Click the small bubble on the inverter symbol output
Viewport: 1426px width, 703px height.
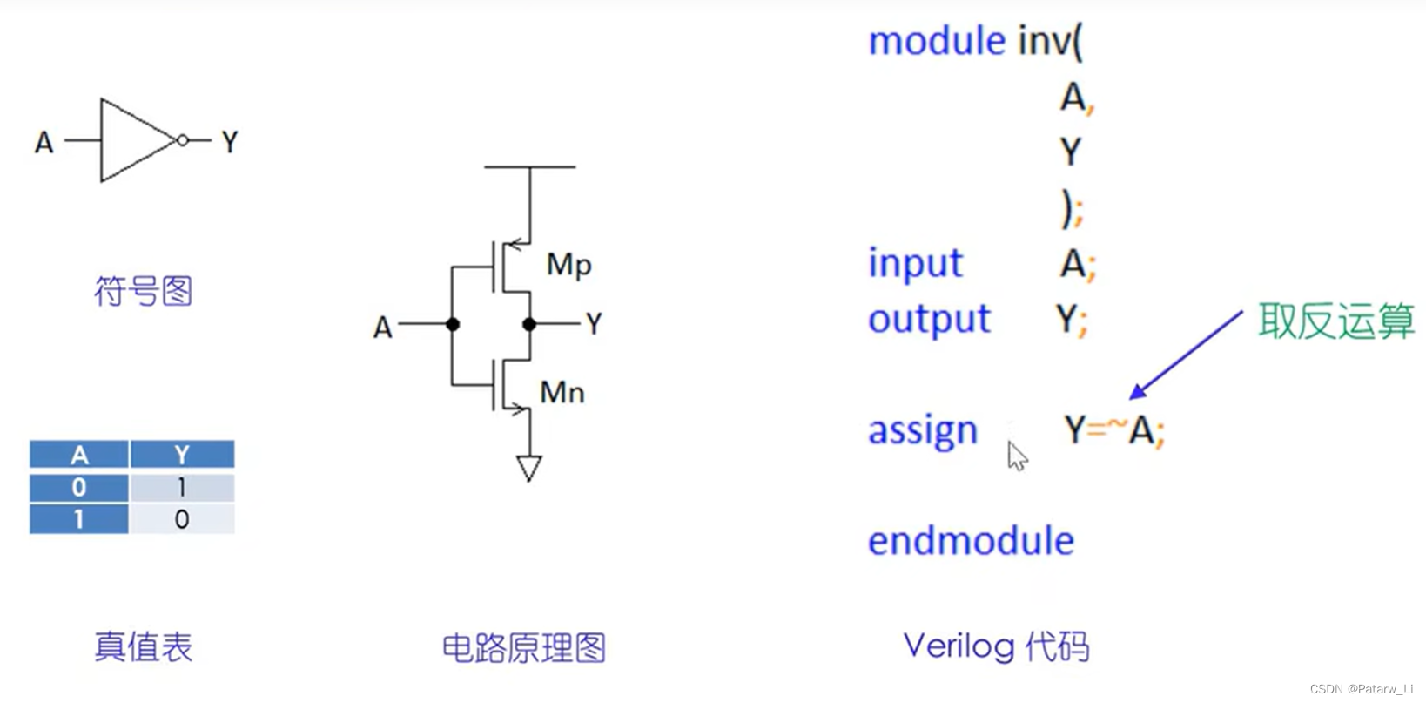point(183,140)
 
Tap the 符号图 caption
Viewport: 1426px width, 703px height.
point(143,291)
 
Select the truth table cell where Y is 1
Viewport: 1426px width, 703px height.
point(181,487)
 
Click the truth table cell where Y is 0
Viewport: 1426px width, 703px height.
point(181,519)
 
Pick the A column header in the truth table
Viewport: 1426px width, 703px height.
point(79,455)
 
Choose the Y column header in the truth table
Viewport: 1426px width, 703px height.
point(181,455)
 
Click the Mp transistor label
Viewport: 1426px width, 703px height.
point(568,265)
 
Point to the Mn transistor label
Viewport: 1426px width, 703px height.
point(562,393)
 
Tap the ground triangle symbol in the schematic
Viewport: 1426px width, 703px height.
point(528,468)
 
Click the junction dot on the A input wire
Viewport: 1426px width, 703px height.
point(453,324)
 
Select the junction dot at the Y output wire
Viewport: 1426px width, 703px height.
point(529,324)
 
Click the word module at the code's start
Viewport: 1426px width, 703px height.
point(937,41)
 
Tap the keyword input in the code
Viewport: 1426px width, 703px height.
point(915,263)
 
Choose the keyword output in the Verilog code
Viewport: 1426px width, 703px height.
point(929,320)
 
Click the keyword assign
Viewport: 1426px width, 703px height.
point(923,430)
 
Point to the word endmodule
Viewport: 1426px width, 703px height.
point(971,541)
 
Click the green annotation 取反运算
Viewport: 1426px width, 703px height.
point(1335,321)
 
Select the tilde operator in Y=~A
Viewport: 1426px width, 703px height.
point(1117,424)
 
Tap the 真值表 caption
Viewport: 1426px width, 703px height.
point(143,647)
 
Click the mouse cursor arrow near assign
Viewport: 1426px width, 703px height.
point(1017,456)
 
